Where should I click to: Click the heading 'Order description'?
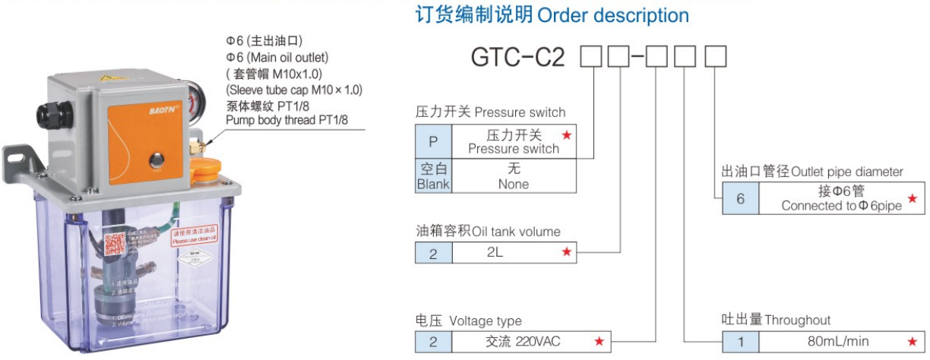click(613, 15)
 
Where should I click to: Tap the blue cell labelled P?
click(433, 141)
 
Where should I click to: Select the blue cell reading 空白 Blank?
click(433, 176)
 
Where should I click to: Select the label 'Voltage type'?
click(486, 321)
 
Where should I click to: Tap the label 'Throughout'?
click(797, 320)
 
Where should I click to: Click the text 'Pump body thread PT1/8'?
click(288, 120)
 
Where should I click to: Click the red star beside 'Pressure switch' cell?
click(566, 135)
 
